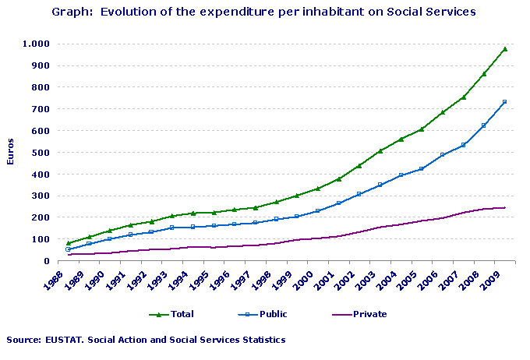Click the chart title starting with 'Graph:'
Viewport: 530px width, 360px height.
pyautogui.click(x=263, y=12)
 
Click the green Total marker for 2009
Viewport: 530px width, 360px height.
pyautogui.click(x=505, y=49)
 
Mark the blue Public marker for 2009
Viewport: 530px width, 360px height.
pyautogui.click(x=505, y=102)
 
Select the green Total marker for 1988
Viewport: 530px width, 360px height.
pyautogui.click(x=69, y=243)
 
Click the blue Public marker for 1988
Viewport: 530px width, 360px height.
pyautogui.click(x=69, y=249)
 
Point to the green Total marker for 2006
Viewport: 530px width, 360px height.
pyautogui.click(x=443, y=112)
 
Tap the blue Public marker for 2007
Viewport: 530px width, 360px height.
pyautogui.click(x=463, y=145)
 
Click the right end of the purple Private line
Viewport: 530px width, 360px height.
pyautogui.click(x=505, y=207)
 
